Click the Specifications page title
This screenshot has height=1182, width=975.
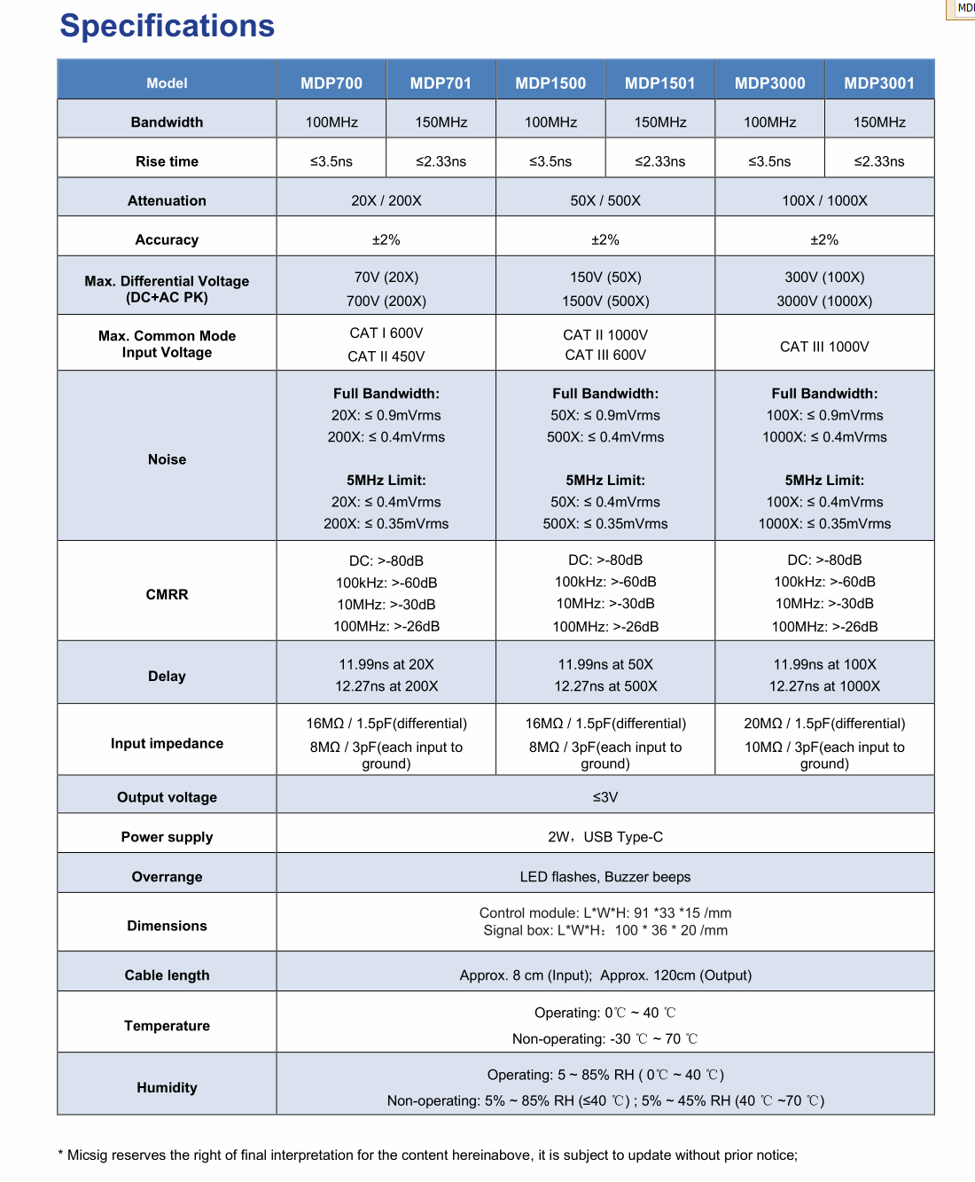pos(167,26)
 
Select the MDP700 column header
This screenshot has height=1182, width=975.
pos(331,83)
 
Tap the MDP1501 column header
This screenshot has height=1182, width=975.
pos(660,83)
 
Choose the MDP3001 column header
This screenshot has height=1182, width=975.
pos(879,83)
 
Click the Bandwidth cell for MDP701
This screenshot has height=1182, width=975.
pos(441,122)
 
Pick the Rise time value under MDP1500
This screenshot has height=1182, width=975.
pos(550,161)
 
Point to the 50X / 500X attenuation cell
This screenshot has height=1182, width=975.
pos(605,200)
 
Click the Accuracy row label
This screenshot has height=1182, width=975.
pos(167,239)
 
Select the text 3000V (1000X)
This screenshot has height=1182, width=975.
pos(824,301)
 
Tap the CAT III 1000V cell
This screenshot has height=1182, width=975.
pos(824,347)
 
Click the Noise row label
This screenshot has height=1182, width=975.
pos(167,459)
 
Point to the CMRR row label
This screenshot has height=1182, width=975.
pos(167,594)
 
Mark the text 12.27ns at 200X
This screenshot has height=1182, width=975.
pos(386,686)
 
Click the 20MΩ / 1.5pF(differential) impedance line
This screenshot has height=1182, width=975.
pos(824,724)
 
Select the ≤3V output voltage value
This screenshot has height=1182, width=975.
pos(605,797)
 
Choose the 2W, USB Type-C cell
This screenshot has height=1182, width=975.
pos(605,837)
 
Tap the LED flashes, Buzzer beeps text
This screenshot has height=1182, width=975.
pos(605,877)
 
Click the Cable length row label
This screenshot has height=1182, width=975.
pos(167,975)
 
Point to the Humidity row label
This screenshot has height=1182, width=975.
pos(167,1088)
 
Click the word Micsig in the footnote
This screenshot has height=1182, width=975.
pos(89,1155)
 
